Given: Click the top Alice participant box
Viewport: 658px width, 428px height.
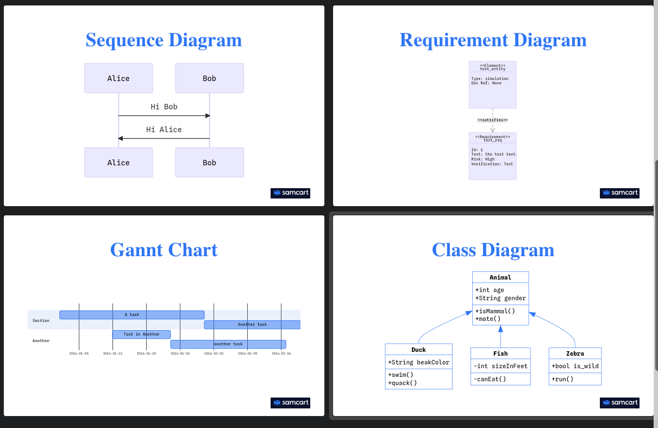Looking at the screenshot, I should point(118,78).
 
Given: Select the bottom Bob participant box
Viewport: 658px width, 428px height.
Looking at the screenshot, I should point(209,163).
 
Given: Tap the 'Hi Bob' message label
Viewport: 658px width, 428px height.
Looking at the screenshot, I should point(164,107).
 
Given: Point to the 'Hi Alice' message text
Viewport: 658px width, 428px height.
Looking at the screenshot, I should point(164,129).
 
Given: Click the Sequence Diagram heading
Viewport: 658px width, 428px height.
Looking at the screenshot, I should point(164,40).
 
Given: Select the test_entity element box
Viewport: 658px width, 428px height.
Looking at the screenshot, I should point(492,85).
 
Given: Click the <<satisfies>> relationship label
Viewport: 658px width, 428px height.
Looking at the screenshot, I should point(492,120).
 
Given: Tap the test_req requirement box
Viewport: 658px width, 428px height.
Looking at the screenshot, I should point(492,156).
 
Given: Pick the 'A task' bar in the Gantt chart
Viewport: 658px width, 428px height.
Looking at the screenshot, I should point(132,315).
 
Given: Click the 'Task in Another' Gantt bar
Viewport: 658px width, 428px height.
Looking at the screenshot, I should point(141,334).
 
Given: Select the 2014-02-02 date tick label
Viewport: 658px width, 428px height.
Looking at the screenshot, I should point(214,353).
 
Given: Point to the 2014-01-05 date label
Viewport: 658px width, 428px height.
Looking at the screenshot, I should point(79,353).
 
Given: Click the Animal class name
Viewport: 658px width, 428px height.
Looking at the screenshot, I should point(500,277).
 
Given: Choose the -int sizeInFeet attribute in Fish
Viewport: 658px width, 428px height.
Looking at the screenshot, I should point(500,366).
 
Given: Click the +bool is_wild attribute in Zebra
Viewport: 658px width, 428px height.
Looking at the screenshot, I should point(575,366).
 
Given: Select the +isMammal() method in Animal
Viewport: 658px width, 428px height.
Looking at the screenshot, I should point(495,311).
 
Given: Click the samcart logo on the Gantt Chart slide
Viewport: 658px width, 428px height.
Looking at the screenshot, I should point(290,403).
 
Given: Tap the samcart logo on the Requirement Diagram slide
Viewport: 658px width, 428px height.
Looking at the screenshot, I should point(619,193).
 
